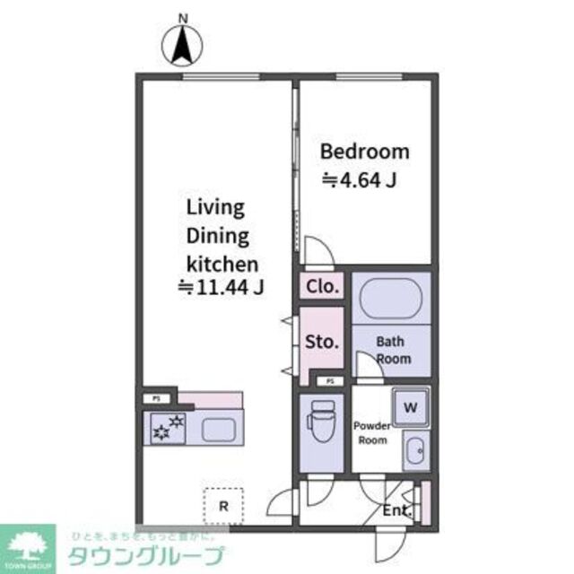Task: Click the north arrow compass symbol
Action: point(184,42)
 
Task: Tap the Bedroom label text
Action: point(365,152)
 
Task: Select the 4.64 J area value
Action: point(360,180)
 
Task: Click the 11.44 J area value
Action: point(221,288)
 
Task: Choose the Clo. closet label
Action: point(322,286)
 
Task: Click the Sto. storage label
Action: point(322,341)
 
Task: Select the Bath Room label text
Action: point(393,350)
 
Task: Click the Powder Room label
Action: point(370,432)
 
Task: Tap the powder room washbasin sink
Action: point(413,451)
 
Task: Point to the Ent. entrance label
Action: point(396,511)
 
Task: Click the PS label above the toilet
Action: point(330,381)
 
